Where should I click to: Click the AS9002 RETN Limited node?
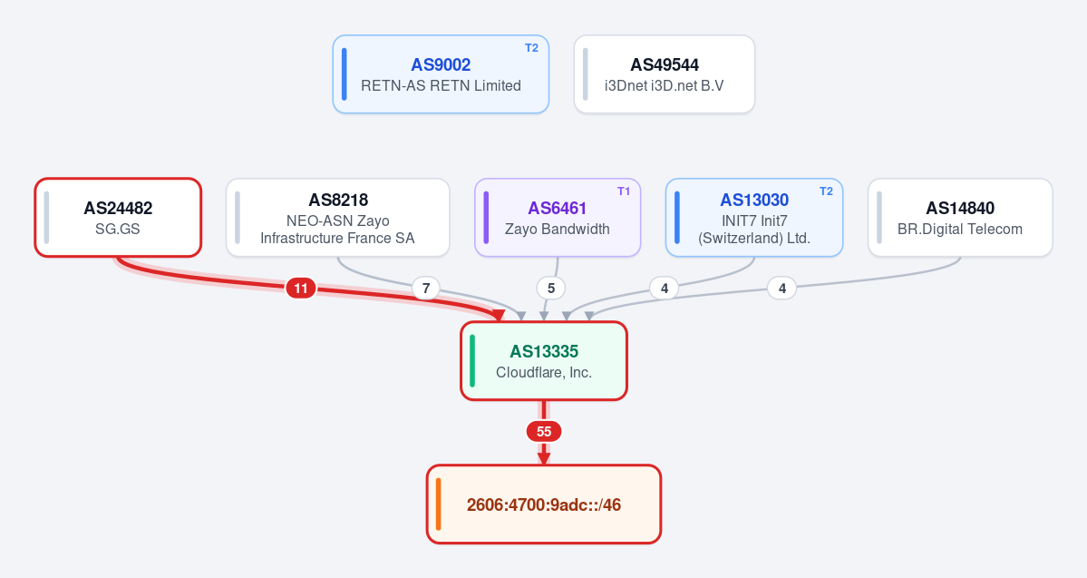441,74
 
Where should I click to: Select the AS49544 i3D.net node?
665,74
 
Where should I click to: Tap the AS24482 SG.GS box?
118,218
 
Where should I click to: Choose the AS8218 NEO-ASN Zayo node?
337,218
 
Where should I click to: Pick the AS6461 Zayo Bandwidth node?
558,218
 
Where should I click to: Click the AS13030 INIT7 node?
754,218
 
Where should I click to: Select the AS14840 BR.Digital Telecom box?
960,218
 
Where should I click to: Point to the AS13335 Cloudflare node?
544,361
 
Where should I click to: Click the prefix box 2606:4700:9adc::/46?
544,505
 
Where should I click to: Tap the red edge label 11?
301,288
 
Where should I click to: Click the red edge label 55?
544,432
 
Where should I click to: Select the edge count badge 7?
426,288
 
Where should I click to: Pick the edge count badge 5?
551,288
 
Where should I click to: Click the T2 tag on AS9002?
532,48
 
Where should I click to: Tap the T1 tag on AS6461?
624,191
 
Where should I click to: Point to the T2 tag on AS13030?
826,191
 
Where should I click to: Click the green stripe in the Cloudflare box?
472,361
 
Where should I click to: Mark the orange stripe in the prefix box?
438,505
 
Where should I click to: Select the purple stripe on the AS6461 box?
486,218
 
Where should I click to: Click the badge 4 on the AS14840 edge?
782,288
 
